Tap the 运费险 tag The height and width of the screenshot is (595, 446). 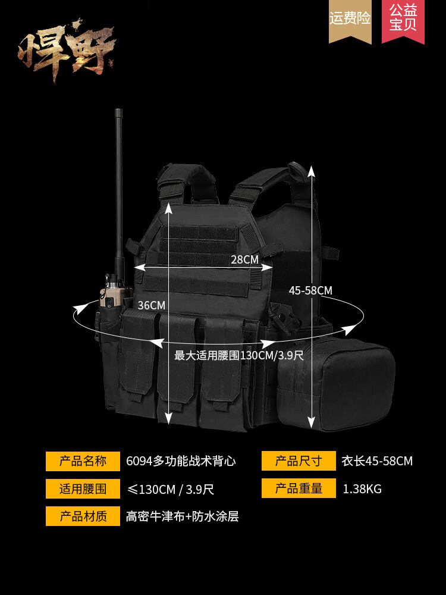click(350, 19)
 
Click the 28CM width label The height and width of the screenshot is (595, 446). click(244, 259)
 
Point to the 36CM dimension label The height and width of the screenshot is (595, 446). click(151, 305)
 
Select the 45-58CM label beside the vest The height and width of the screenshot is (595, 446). click(310, 290)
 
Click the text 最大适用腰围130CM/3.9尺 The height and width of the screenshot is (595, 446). click(238, 356)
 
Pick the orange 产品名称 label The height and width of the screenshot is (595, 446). click(83, 461)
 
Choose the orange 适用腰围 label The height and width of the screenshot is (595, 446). click(83, 489)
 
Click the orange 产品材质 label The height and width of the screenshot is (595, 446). click(83, 516)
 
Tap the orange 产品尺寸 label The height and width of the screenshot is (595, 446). click(298, 461)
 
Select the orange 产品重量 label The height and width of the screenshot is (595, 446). click(298, 489)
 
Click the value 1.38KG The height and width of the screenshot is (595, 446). click(362, 490)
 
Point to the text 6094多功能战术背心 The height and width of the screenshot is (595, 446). click(181, 461)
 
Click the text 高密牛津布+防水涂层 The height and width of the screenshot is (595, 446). click(182, 516)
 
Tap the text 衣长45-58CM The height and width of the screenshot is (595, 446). click(377, 461)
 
